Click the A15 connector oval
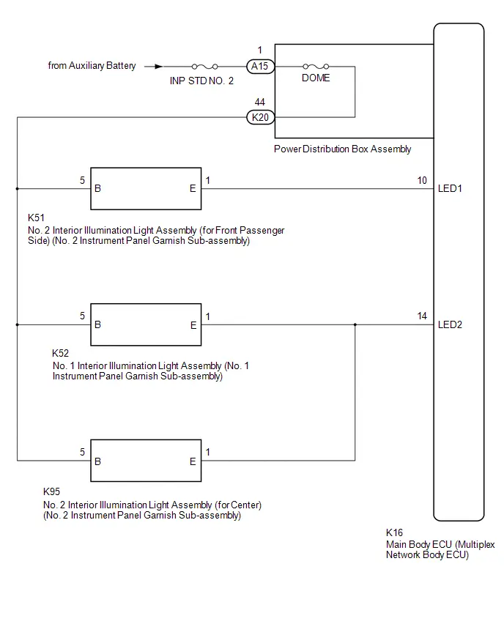click(x=260, y=66)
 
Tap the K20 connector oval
click(x=260, y=117)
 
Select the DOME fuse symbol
click(x=316, y=67)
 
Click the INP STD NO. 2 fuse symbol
click(x=204, y=67)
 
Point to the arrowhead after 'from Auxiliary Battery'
click(x=158, y=67)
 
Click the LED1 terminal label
click(x=450, y=189)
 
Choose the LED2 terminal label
click(x=450, y=324)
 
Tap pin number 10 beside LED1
click(x=422, y=180)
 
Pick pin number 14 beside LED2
click(x=422, y=316)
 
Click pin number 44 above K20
click(x=260, y=103)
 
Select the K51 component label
click(x=36, y=218)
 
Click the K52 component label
click(x=61, y=353)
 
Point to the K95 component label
click(x=52, y=491)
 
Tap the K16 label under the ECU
click(x=395, y=532)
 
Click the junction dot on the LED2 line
click(x=355, y=324)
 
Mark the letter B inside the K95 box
click(x=98, y=461)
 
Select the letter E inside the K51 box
click(x=193, y=189)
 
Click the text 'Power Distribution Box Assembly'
click(x=342, y=149)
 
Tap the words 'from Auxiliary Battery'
click(x=92, y=66)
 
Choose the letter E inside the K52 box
click(x=193, y=325)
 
